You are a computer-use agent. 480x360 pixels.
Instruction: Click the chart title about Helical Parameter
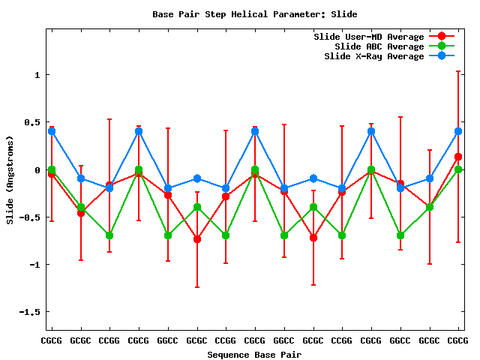(255, 13)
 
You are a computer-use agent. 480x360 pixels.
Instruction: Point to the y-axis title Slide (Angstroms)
(10, 181)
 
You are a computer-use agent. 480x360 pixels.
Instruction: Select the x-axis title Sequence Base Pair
(254, 354)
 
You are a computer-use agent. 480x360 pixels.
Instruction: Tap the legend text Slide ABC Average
(379, 46)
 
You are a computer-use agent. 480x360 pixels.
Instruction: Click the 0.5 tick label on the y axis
(32, 122)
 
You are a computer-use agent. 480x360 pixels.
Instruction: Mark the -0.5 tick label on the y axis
(29, 217)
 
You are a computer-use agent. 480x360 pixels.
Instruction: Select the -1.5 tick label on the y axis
(29, 312)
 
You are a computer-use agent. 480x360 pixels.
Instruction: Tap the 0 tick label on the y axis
(37, 170)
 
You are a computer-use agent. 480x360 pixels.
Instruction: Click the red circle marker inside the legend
(442, 37)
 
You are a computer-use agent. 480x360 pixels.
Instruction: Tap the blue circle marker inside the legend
(442, 56)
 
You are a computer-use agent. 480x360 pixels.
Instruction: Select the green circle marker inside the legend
(442, 46)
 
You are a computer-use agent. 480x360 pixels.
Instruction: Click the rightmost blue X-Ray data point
(458, 131)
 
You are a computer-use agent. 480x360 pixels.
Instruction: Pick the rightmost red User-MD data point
(458, 157)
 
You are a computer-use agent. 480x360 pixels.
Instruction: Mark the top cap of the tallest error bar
(458, 71)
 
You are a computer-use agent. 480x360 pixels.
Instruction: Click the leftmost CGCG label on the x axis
(52, 340)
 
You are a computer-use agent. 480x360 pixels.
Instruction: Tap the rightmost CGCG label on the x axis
(458, 340)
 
